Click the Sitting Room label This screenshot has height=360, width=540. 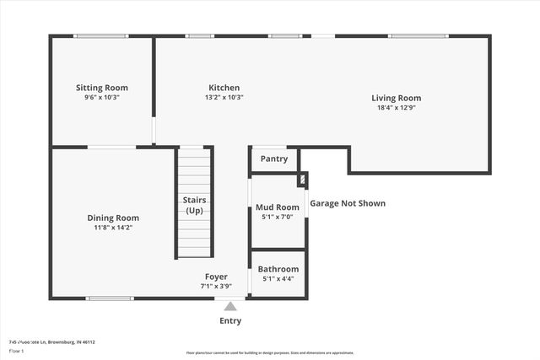pos(101,88)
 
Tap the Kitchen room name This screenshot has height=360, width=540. pos(224,88)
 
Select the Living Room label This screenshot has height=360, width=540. pos(396,98)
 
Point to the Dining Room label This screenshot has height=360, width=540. pos(113,218)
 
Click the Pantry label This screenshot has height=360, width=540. pos(273,159)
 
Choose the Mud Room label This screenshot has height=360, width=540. pos(277,207)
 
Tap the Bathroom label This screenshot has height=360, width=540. pos(278,269)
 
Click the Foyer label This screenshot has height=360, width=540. pos(216,277)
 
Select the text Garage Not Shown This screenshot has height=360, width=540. pos(348,203)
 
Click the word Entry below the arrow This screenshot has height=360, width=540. pos(230,320)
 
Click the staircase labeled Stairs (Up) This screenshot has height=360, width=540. pos(195,204)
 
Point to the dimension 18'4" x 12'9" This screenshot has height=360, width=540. pos(396,108)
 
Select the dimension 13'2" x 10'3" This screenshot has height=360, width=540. pos(224,98)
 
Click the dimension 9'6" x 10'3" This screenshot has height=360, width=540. pos(101,98)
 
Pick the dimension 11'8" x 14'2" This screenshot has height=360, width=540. pos(113,228)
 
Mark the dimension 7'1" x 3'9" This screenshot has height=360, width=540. pos(216,286)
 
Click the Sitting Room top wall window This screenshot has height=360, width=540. pos(100,35)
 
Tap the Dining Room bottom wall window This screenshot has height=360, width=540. pos(110,298)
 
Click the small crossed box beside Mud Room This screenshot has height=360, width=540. pos(302,180)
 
